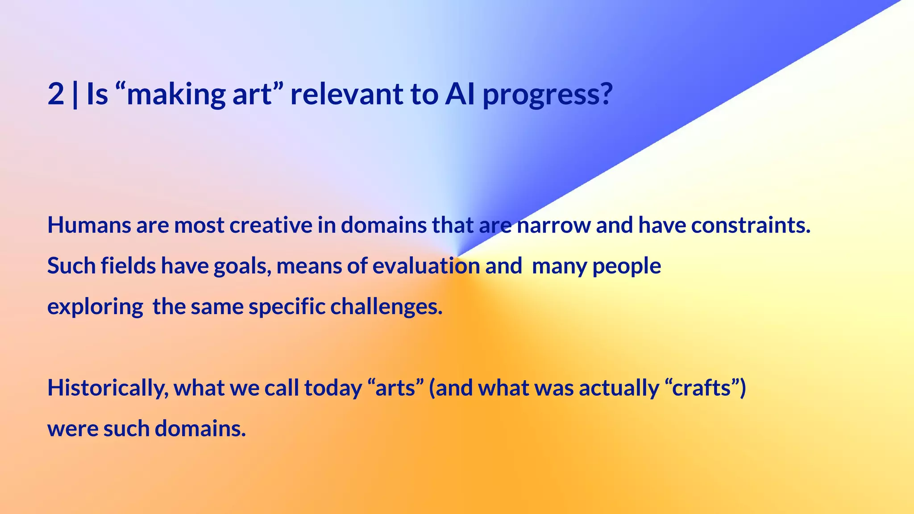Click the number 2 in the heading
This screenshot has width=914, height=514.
[x=56, y=94]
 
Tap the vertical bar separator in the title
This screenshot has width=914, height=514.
[x=75, y=94]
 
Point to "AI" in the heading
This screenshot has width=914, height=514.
[x=459, y=94]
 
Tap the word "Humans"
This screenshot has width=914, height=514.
[x=89, y=225]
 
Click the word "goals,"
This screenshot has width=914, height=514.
[x=242, y=266]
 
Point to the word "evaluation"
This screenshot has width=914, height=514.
[x=426, y=266]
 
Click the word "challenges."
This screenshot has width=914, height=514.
[x=386, y=307]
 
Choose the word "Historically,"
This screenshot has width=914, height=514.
[x=108, y=388]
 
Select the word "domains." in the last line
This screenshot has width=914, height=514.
[x=200, y=428]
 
